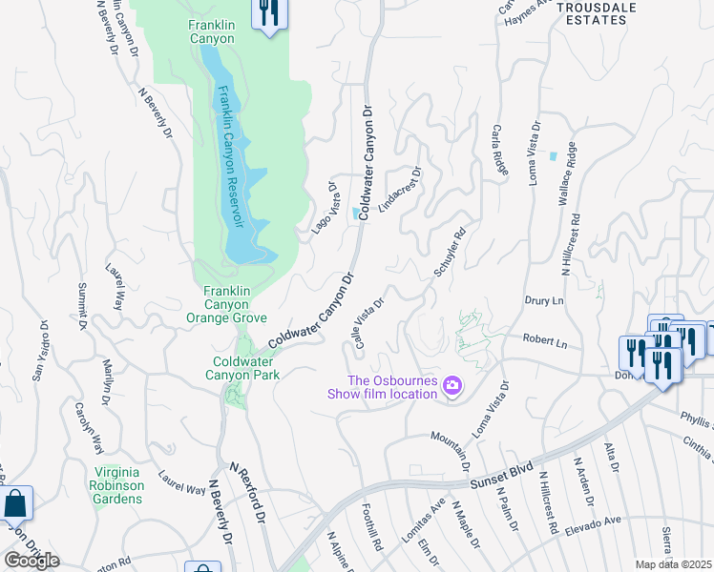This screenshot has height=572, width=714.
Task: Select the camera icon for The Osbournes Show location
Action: [x=452, y=386]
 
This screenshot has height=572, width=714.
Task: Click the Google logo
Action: [x=31, y=560]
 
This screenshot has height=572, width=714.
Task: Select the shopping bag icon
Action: [x=16, y=503]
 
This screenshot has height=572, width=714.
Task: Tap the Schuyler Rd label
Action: [x=450, y=252]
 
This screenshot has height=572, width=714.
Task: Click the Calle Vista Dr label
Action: [x=368, y=323]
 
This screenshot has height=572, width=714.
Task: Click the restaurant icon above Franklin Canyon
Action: [x=269, y=13]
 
